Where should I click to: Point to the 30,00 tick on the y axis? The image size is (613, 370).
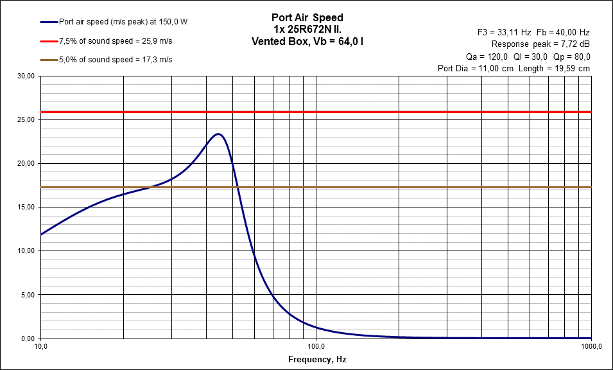pyautogui.click(x=26, y=76)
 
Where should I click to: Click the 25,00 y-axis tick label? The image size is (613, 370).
pyautogui.click(x=26, y=119)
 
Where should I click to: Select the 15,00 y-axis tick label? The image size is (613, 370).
pyautogui.click(x=26, y=207)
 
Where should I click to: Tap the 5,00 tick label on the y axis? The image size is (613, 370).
pyautogui.click(x=28, y=295)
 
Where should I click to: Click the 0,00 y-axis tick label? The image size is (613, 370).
pyautogui.click(x=28, y=339)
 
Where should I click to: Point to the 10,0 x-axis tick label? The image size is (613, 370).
pyautogui.click(x=40, y=347)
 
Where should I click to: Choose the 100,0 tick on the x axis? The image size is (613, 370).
pyautogui.click(x=316, y=347)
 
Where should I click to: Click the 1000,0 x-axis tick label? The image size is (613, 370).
pyautogui.click(x=590, y=347)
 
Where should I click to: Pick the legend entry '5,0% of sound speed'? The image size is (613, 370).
pyautogui.click(x=116, y=60)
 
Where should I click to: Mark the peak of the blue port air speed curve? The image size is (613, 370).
pyautogui.click(x=218, y=134)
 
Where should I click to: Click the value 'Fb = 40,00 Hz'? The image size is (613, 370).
pyautogui.click(x=562, y=31)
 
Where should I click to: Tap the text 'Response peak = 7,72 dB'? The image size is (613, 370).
pyautogui.click(x=540, y=44)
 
